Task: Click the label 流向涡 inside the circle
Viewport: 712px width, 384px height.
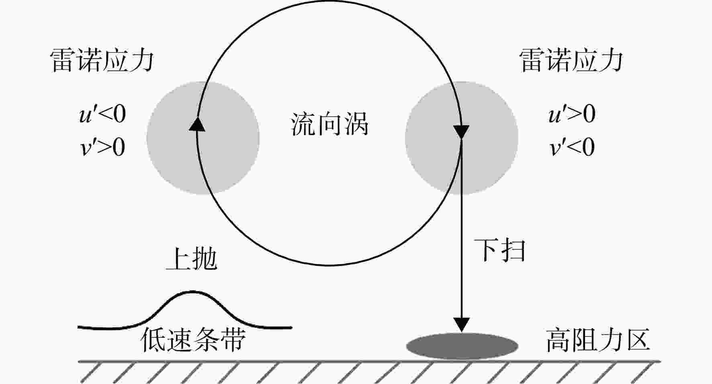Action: [x=329, y=123]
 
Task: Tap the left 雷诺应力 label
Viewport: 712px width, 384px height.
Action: [x=102, y=60]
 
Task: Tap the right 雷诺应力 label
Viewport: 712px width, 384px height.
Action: [x=571, y=60]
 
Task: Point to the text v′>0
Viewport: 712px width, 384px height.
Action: [x=103, y=147]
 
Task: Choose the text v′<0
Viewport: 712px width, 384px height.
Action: [x=572, y=147]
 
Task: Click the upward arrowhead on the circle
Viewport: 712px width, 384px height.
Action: [x=197, y=124]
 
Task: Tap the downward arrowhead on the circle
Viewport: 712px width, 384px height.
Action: [x=461, y=132]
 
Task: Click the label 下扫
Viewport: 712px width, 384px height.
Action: [x=499, y=250]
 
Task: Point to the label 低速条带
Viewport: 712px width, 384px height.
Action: [x=193, y=340]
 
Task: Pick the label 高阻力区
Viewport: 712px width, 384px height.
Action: [x=598, y=340]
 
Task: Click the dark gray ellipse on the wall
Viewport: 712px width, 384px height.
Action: [x=462, y=346]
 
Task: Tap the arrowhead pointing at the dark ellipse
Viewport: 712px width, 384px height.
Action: [x=462, y=325]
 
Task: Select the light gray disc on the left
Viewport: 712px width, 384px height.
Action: [x=203, y=138]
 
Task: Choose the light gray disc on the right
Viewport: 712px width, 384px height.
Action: [x=461, y=138]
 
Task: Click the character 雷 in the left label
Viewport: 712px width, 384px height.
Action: [x=63, y=60]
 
